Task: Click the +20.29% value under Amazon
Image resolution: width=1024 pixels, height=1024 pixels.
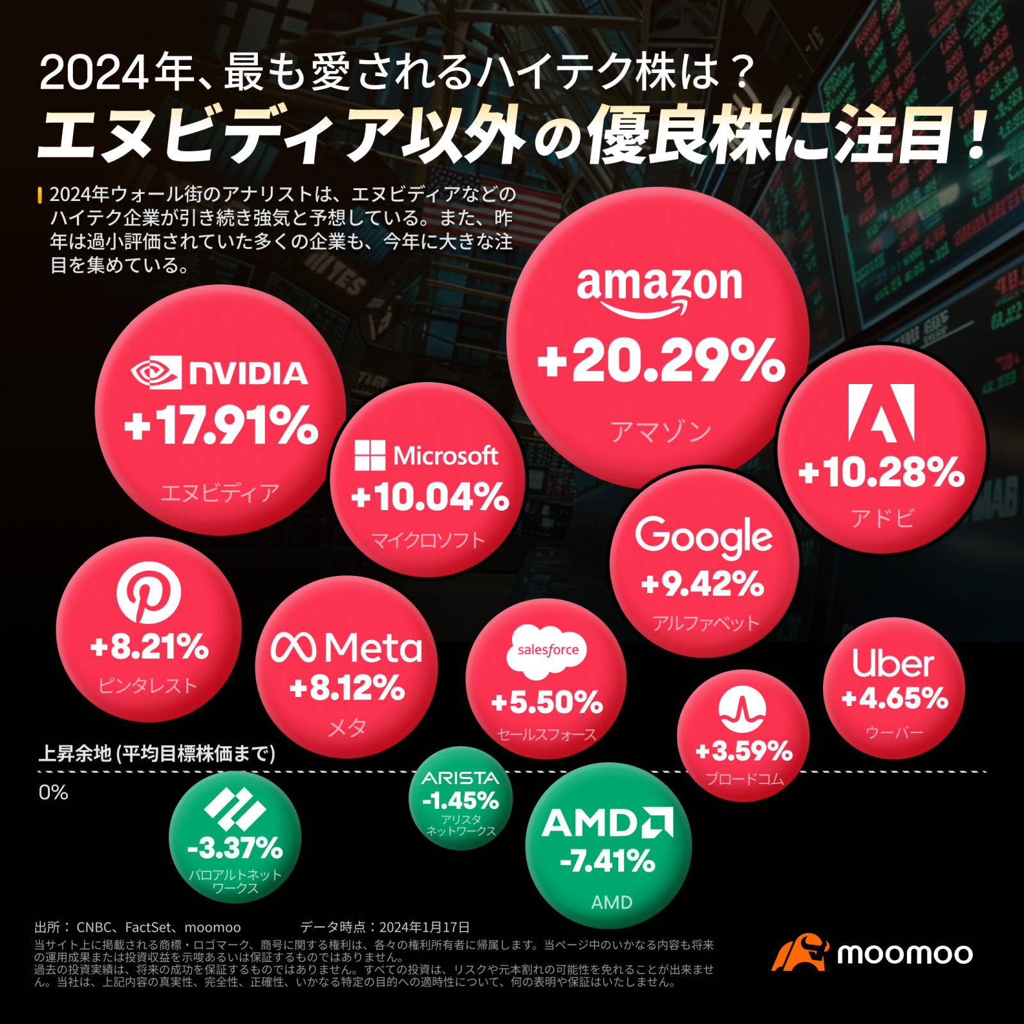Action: click(661, 361)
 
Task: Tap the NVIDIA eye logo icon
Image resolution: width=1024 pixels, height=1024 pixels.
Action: click(156, 372)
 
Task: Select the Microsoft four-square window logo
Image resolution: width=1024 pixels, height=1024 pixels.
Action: click(370, 455)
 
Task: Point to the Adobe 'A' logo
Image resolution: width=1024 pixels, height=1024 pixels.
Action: click(881, 413)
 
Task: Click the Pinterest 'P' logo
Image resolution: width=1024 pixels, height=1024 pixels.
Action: click(148, 593)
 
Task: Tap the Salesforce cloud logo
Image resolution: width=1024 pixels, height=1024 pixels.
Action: click(547, 651)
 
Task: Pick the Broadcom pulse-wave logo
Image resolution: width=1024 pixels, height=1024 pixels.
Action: click(742, 709)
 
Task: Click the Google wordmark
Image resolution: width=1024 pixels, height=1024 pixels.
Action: click(703, 536)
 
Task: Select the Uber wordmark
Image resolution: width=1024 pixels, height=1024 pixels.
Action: click(893, 664)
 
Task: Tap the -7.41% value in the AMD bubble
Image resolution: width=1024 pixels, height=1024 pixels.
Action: click(607, 861)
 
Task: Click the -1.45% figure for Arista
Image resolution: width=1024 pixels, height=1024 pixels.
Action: click(460, 801)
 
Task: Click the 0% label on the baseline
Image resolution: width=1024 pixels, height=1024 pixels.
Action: click(53, 792)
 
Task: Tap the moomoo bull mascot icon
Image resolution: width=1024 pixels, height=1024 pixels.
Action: click(799, 952)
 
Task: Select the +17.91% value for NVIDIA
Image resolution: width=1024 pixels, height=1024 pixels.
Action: click(221, 426)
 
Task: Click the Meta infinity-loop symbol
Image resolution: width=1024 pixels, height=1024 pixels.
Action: click(293, 648)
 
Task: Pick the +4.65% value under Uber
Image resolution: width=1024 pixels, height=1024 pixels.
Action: click(894, 698)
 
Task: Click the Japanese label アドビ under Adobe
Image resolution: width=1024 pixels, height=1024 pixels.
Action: click(882, 518)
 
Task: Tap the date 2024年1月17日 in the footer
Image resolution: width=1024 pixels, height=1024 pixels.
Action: click(424, 927)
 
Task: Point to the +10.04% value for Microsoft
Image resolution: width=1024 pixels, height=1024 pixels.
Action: click(430, 497)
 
